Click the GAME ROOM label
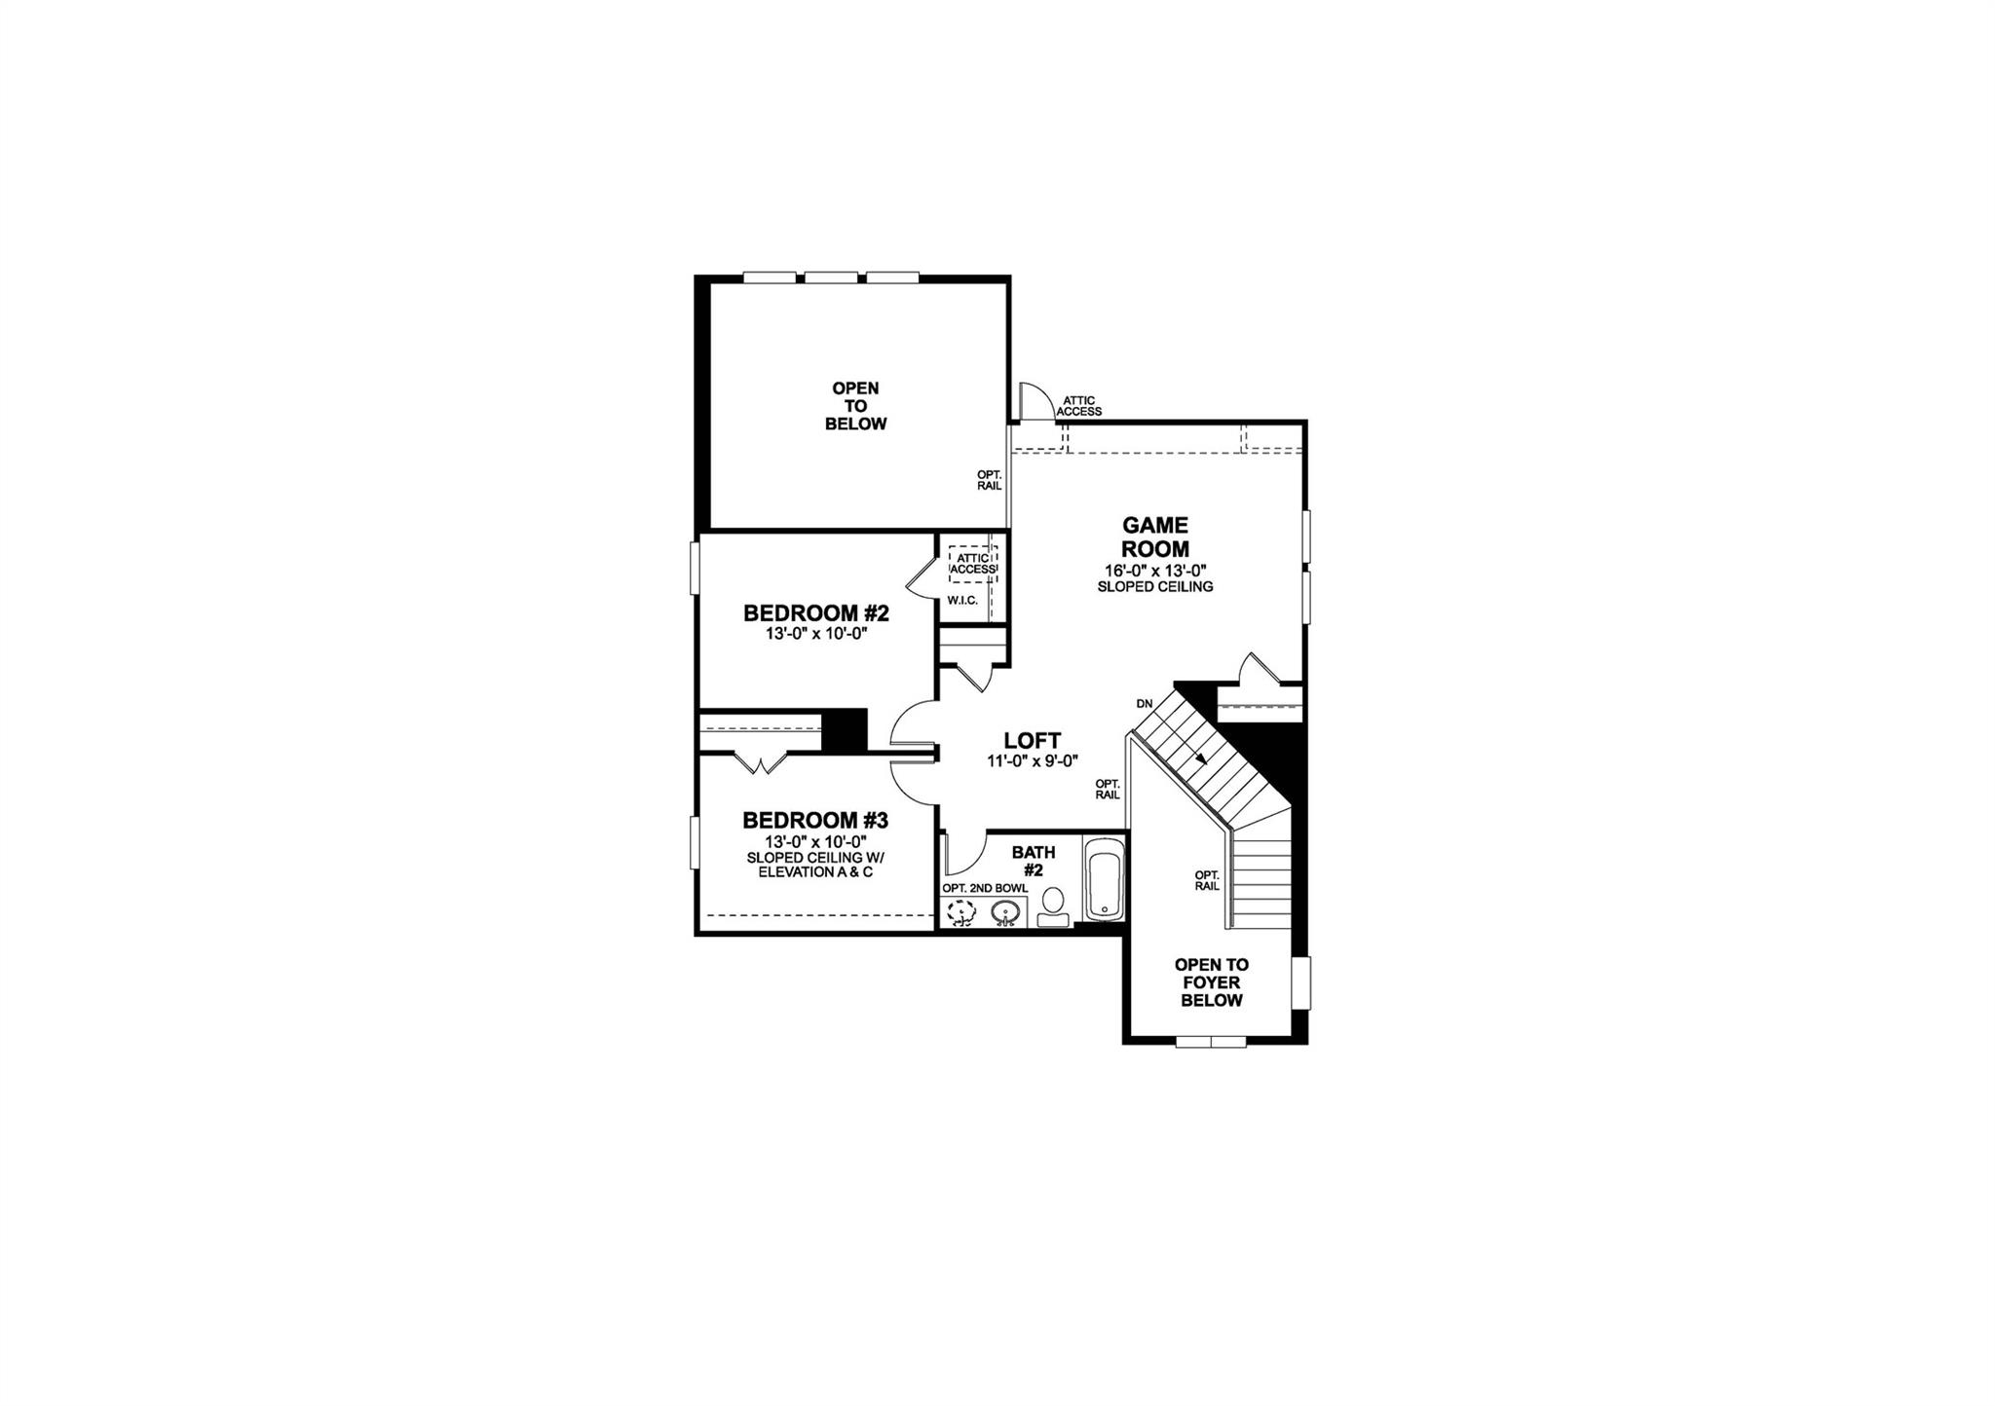tap(1155, 536)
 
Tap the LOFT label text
tap(1033, 741)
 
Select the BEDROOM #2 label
tap(816, 613)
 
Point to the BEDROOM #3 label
tap(815, 820)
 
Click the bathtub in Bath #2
tap(1104, 878)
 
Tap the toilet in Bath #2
tap(1052, 906)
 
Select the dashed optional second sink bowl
tap(962, 912)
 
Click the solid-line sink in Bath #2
tap(1006, 912)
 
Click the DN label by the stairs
tap(1144, 703)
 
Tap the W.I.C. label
tap(962, 600)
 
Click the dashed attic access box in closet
tap(973, 564)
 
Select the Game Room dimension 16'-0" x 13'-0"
tap(1155, 571)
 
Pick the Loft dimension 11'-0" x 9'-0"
tap(1033, 761)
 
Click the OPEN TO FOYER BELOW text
tap(1212, 982)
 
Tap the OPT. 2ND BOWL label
tap(984, 888)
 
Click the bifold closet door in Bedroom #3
tap(762, 762)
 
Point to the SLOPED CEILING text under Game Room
tap(1155, 587)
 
